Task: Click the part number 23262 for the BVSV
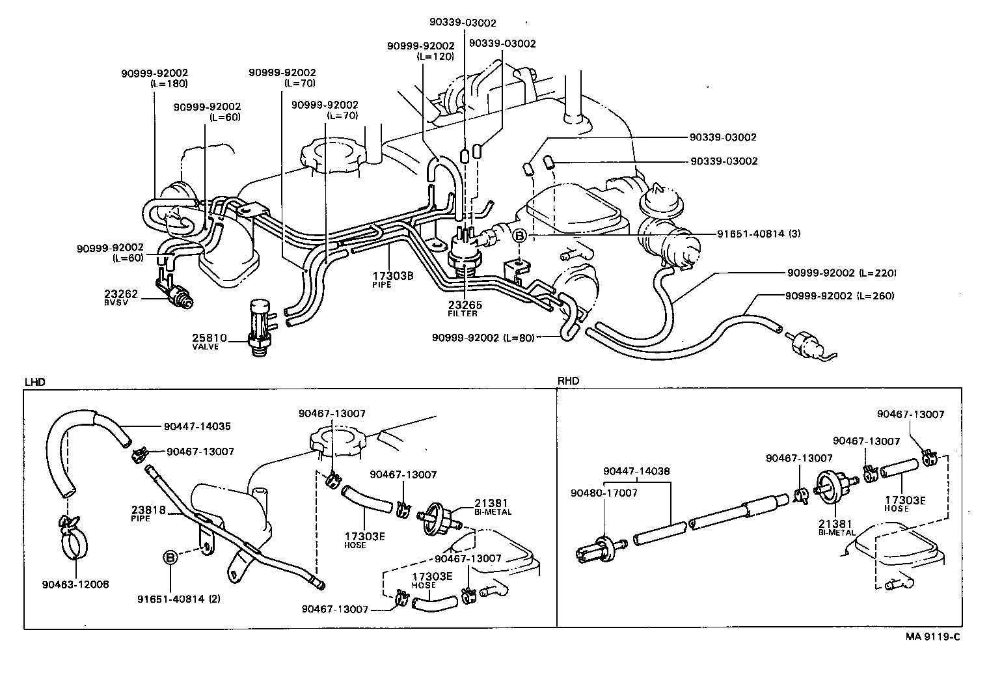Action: [x=116, y=294]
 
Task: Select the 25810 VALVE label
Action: [x=209, y=341]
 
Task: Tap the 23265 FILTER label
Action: [x=463, y=308]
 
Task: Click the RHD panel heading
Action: [x=568, y=381]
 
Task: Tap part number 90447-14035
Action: [x=197, y=427]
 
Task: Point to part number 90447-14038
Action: [x=636, y=471]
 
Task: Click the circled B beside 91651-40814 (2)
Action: [x=170, y=557]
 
